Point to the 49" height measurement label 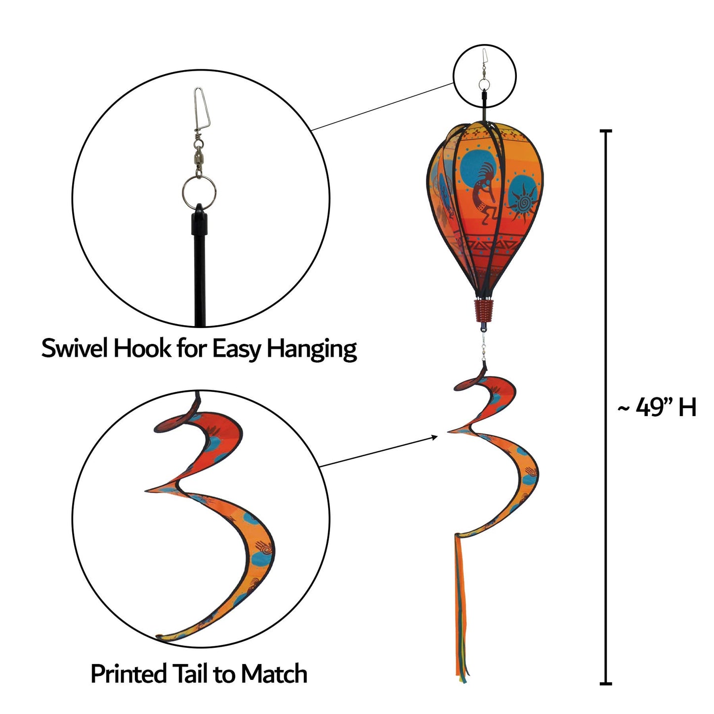tap(656, 408)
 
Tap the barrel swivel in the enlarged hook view tap(199, 156)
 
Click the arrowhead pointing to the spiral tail tap(435, 437)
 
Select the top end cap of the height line tap(605, 131)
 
